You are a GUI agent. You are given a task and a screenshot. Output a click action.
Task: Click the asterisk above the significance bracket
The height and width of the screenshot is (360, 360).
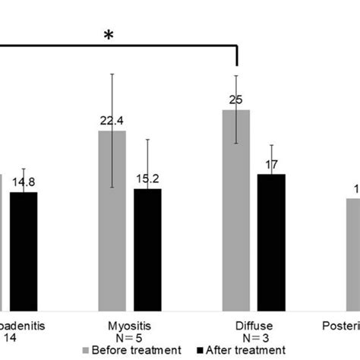[109, 36]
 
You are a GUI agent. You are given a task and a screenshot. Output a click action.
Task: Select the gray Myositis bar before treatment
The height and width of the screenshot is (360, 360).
[113, 220]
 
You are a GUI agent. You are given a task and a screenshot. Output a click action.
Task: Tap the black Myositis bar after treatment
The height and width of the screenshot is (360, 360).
[147, 250]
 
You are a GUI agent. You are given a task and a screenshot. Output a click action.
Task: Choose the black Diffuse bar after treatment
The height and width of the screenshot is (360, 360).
[271, 242]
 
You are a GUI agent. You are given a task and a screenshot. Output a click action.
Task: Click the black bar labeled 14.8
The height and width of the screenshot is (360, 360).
[24, 251]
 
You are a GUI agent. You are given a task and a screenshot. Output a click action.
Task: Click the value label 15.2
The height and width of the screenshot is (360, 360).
[147, 180]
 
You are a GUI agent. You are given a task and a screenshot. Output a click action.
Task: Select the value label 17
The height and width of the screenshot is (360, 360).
[271, 165]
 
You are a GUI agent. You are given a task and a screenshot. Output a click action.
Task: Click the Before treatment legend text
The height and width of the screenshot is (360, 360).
[137, 350]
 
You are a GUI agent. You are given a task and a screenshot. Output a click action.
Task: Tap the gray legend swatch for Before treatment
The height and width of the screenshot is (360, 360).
[85, 351]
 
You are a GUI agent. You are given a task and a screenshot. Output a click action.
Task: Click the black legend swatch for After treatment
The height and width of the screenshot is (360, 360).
[201, 351]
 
